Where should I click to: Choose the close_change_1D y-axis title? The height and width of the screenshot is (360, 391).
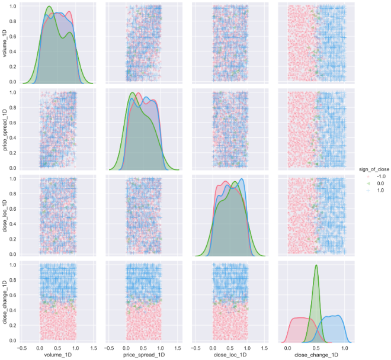coord(5,300)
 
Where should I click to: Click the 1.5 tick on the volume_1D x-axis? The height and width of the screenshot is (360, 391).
coord(92,348)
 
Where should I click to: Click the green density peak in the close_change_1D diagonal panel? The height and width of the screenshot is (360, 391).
coord(316,265)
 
